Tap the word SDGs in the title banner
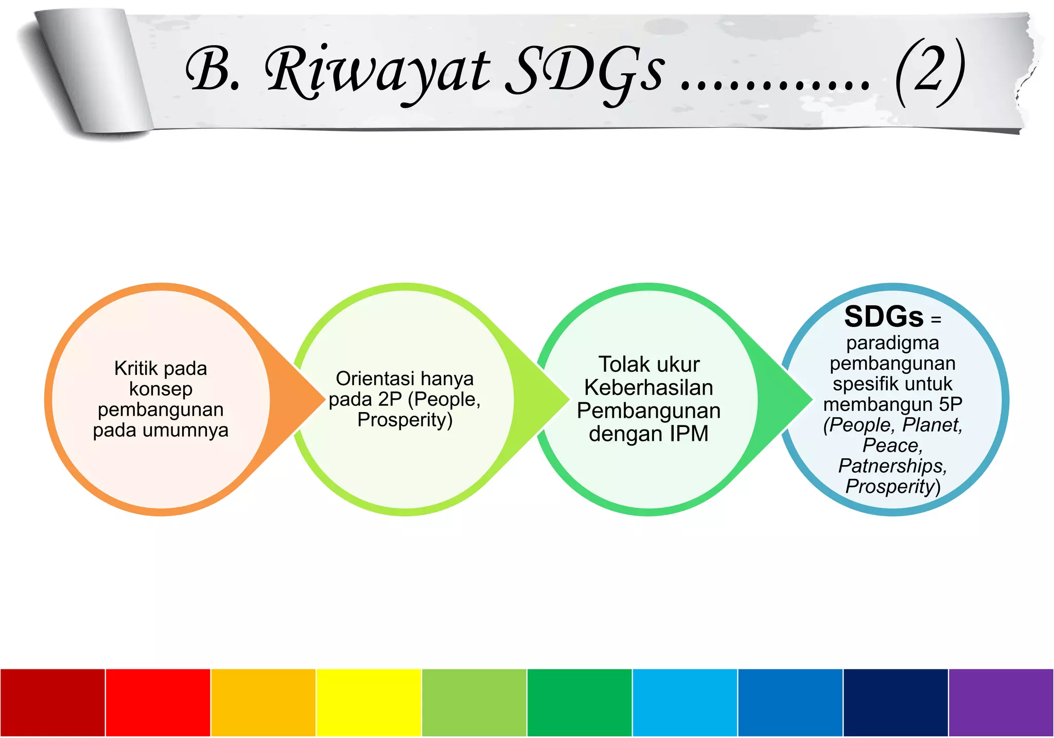(585, 72)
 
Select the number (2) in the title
(929, 72)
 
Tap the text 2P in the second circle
(390, 399)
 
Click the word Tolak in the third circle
(620, 365)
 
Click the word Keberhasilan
(648, 388)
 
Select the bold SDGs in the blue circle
(884, 317)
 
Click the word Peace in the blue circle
(892, 445)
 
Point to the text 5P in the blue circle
(950, 404)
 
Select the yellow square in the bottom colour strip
(368, 702)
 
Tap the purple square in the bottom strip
(1001, 702)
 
